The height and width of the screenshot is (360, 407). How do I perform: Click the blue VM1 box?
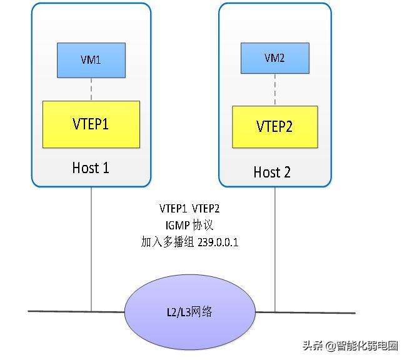pyautogui.click(x=91, y=60)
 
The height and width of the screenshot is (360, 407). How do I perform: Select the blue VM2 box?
pyautogui.click(x=274, y=58)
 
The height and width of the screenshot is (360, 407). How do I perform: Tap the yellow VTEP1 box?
pyautogui.click(x=91, y=124)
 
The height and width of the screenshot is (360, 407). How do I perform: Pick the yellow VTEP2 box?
pyautogui.click(x=274, y=126)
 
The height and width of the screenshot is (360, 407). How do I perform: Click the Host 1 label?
pyautogui.click(x=91, y=168)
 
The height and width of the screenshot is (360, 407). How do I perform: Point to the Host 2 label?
pyautogui.click(x=272, y=172)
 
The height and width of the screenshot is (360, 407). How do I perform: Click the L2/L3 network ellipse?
pyautogui.click(x=191, y=311)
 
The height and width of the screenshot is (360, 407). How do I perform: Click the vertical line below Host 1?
pyautogui.click(x=91, y=250)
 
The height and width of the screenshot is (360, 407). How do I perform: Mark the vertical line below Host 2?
pyautogui.click(x=275, y=250)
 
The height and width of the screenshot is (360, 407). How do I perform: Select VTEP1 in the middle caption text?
pyautogui.click(x=172, y=208)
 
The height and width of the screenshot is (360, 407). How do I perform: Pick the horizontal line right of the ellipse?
pyautogui.click(x=313, y=312)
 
